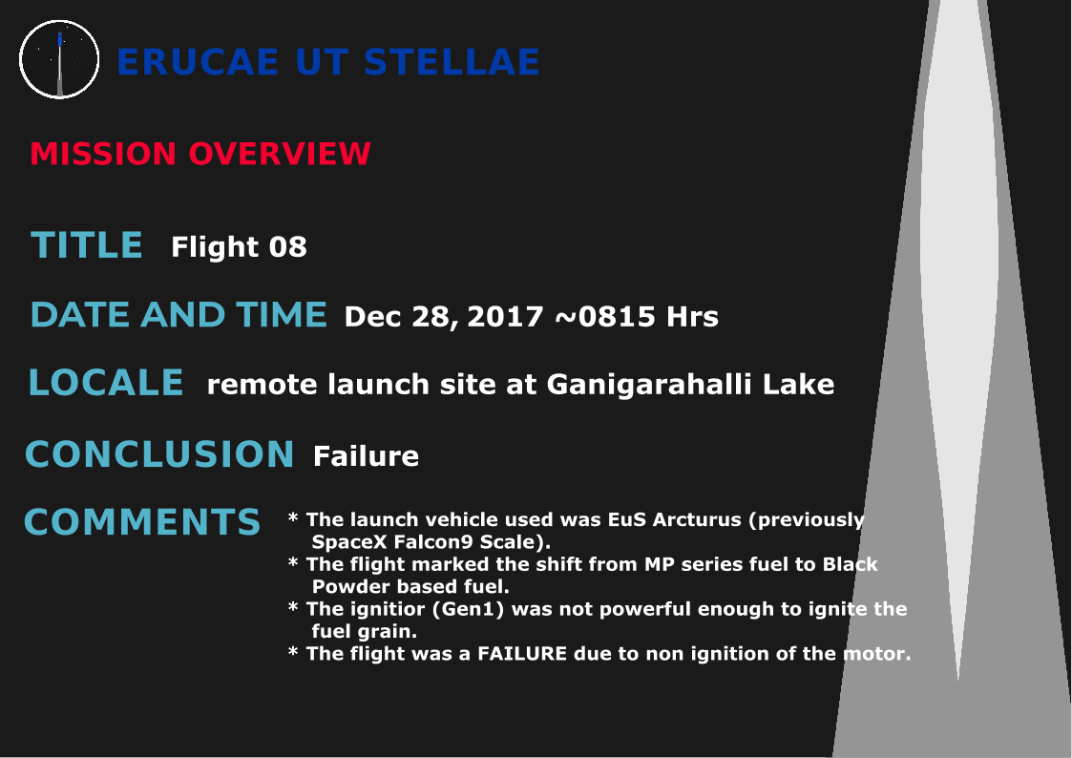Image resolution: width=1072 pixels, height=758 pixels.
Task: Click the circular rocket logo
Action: (x=59, y=59)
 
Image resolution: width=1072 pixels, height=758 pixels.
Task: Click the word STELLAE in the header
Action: (x=452, y=62)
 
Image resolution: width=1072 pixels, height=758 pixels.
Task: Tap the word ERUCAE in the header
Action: (x=198, y=62)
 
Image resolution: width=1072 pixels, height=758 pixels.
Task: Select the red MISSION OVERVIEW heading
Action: (x=200, y=154)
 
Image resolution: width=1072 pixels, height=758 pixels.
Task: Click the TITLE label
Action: (x=87, y=245)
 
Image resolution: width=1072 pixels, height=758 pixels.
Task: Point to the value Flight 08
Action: (x=240, y=247)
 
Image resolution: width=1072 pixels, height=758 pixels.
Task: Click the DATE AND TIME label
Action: (x=179, y=314)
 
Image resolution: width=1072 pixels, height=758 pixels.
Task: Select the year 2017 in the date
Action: (x=505, y=316)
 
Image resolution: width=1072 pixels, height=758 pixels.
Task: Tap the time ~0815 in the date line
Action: (x=606, y=316)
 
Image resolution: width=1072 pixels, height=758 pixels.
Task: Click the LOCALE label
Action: (x=106, y=383)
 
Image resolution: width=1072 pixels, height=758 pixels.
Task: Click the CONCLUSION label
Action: (x=159, y=454)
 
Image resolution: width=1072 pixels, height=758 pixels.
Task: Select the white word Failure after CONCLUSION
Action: (x=366, y=456)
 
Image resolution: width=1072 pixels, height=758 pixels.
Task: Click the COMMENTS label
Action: (x=142, y=522)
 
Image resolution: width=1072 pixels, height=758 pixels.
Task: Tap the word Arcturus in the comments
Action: (x=697, y=519)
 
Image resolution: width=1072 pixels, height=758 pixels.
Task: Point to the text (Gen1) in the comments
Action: (x=469, y=609)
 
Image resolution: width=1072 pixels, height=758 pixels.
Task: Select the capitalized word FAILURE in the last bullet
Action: (x=522, y=654)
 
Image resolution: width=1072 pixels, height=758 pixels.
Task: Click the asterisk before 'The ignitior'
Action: (x=293, y=607)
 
